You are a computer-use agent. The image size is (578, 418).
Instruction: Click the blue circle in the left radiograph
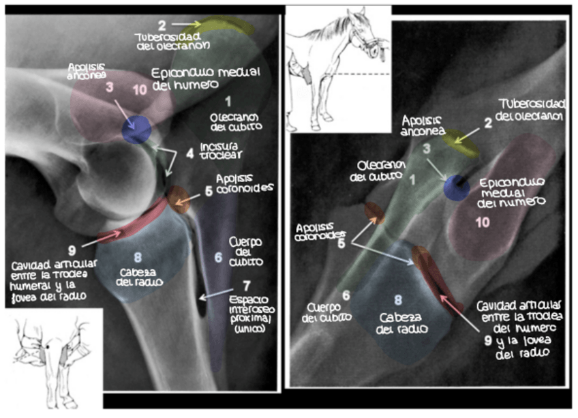click(x=137, y=129)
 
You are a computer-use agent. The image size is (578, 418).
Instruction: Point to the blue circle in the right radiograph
click(x=456, y=187)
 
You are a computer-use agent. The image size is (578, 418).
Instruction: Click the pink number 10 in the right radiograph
click(x=483, y=222)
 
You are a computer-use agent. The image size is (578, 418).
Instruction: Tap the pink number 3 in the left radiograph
click(x=109, y=87)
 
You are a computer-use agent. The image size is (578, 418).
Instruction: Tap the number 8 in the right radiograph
click(x=399, y=298)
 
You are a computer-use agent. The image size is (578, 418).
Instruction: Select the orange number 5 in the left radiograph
click(x=209, y=192)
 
